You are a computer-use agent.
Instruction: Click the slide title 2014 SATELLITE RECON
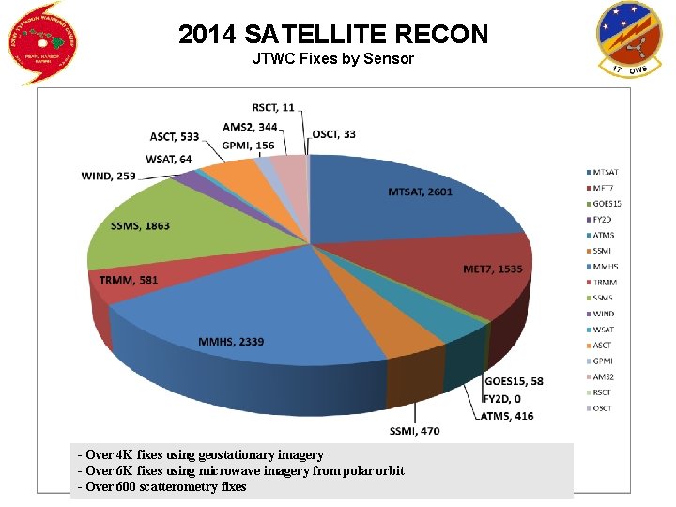(x=333, y=35)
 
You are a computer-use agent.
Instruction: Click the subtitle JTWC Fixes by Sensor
(x=333, y=59)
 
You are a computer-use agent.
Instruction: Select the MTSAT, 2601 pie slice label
(x=420, y=192)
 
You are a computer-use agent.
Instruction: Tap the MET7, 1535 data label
(x=493, y=269)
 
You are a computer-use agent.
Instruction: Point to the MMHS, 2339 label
(x=231, y=341)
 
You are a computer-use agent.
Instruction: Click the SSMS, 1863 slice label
(x=140, y=226)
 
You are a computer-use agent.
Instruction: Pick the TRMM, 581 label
(x=130, y=279)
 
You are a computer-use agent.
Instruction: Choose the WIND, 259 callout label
(x=109, y=176)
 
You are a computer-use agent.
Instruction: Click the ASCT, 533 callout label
(x=175, y=137)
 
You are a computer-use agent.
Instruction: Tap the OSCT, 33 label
(x=333, y=134)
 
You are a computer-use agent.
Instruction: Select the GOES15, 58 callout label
(x=514, y=381)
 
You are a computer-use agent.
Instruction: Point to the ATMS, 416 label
(x=507, y=415)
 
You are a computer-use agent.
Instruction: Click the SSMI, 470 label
(x=414, y=431)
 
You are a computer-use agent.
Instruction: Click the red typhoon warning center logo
(x=43, y=42)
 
